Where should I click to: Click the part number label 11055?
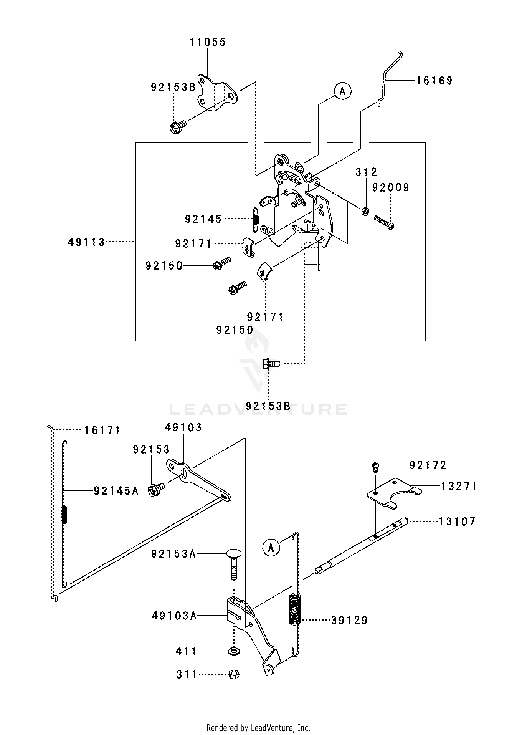pos(208,42)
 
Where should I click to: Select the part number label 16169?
pos(434,81)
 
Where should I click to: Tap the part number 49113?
pos(87,242)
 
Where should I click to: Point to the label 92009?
pos(391,188)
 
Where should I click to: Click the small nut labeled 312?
pos(365,211)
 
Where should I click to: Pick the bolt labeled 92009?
pos(383,222)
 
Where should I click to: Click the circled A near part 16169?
pos(342,91)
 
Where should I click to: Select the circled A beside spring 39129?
pos(271,547)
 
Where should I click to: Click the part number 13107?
pos(457,521)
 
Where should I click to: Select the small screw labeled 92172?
pos(376,466)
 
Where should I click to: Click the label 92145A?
pos(116,490)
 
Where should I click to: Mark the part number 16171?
pos(102,430)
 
